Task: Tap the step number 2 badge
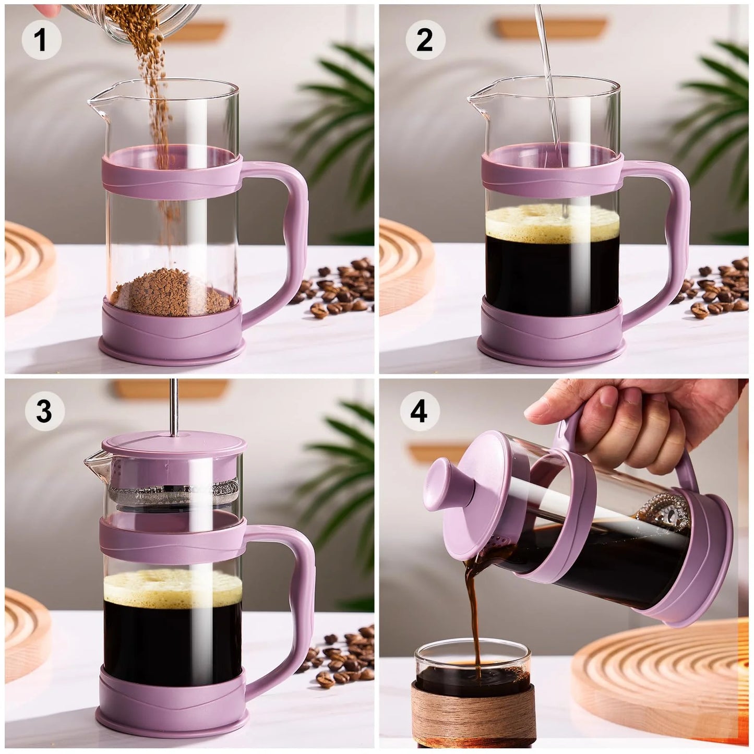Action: [424, 41]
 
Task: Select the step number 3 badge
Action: [44, 411]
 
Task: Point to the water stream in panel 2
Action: [548, 78]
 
